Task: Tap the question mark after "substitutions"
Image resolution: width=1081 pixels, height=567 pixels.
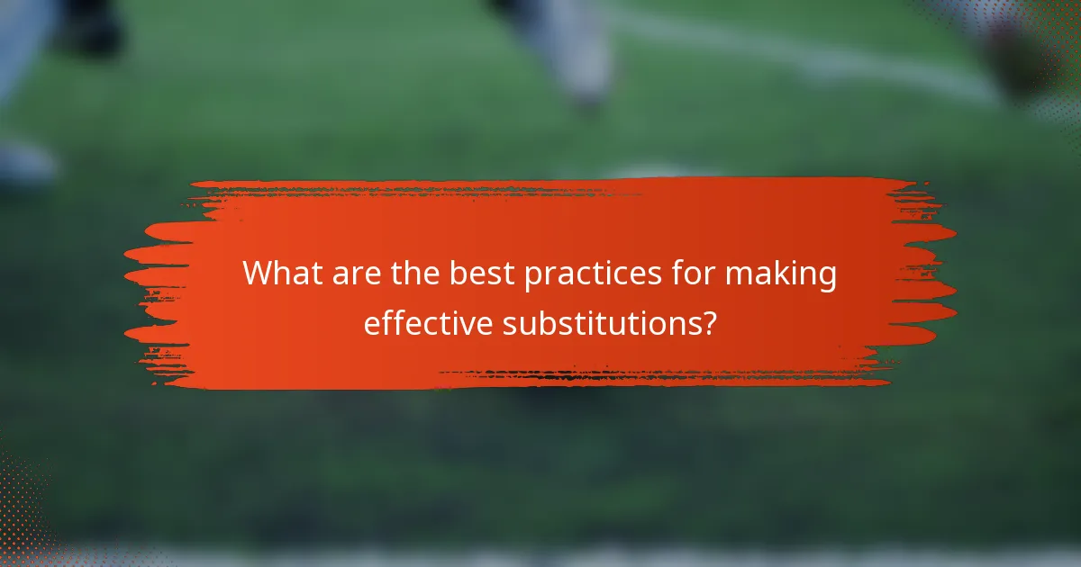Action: tap(709, 323)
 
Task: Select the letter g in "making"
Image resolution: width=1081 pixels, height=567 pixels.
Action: tap(827, 279)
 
